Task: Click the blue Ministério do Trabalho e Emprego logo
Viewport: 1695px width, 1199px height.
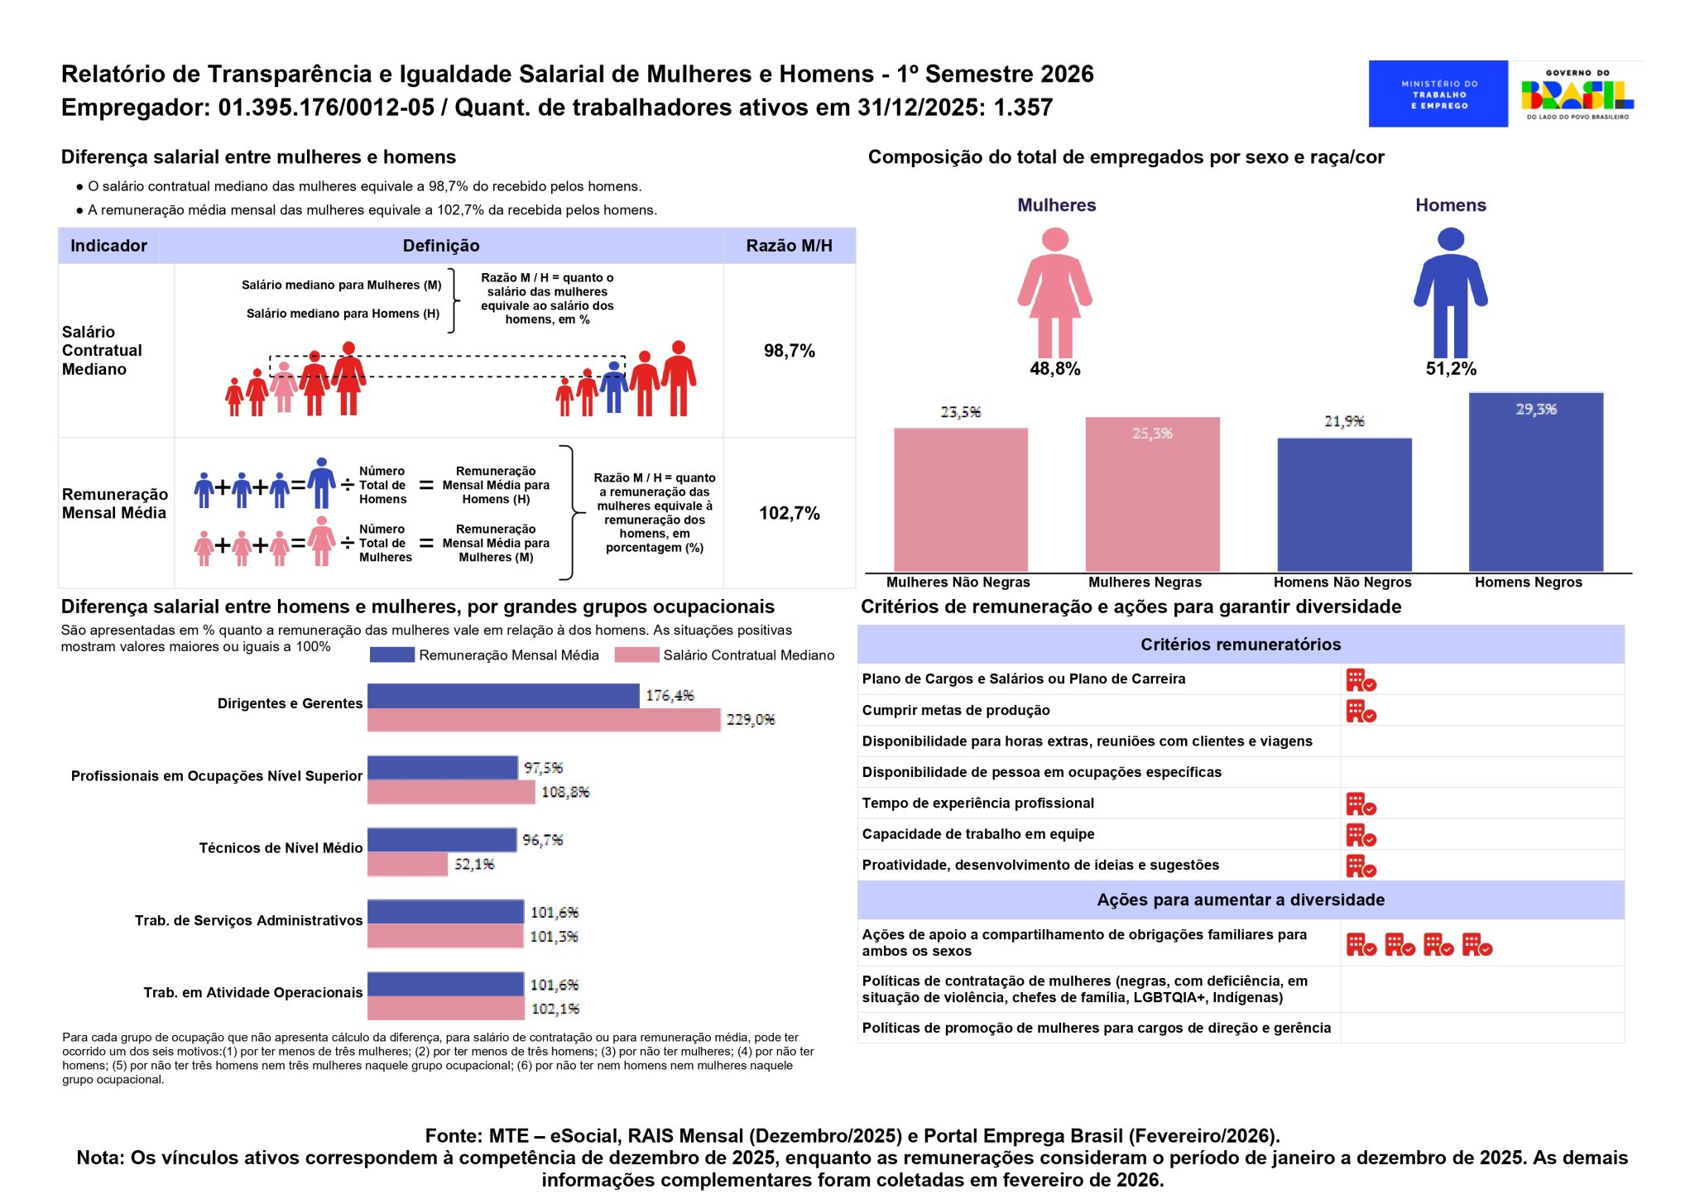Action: [1438, 94]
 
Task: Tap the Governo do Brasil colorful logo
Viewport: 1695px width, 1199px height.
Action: [1577, 94]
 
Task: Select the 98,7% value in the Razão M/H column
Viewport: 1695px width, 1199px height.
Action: [789, 351]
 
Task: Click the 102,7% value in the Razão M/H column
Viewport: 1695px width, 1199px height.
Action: [789, 513]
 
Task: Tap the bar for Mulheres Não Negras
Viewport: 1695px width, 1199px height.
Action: [960, 499]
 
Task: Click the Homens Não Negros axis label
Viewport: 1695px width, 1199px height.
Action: [1342, 583]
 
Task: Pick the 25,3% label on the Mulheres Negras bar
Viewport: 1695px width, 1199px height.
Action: [1152, 434]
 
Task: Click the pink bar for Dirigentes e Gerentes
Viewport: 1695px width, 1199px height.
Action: [544, 720]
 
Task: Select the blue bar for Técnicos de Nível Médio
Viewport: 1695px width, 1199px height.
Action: [442, 840]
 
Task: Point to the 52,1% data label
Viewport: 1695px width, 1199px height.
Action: [474, 865]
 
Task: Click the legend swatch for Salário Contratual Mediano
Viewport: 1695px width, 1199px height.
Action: [636, 655]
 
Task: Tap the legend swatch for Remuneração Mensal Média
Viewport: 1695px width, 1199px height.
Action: [391, 655]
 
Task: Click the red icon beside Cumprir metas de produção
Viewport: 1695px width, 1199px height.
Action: [1361, 711]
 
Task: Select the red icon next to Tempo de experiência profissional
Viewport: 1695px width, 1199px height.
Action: [1361, 803]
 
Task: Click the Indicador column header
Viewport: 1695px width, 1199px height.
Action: [108, 246]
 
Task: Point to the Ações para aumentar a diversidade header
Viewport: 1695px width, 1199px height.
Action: [1240, 899]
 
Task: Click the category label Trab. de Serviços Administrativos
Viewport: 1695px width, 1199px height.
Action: [248, 920]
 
